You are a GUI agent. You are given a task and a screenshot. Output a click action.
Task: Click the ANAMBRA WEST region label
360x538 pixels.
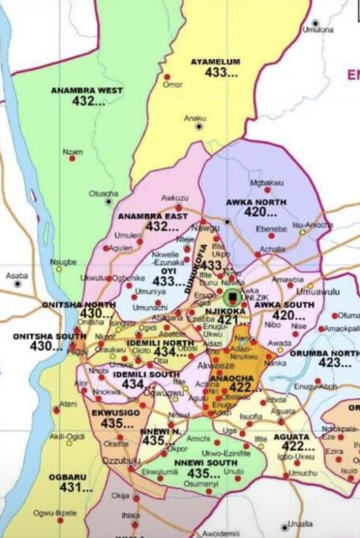coord(87,90)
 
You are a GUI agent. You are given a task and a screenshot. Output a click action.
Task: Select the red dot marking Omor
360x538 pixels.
coord(167,77)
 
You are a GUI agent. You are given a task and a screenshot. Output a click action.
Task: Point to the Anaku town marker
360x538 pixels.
coord(199,127)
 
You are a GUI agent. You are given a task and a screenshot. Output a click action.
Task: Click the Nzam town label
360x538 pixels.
coord(73,152)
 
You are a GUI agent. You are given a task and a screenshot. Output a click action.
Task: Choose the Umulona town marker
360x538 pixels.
coord(315,23)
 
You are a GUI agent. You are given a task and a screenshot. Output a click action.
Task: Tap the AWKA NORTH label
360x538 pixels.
coord(256,202)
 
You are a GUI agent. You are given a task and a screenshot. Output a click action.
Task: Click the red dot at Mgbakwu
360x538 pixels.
coord(267,190)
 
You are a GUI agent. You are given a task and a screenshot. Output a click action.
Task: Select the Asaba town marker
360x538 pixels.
coord(17,284)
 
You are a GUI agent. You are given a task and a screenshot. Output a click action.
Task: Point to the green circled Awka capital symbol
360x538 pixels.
coord(233,297)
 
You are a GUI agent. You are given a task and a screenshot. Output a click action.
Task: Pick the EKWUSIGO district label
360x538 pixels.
coord(116,413)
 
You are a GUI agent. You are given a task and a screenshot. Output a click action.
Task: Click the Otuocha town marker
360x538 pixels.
coord(109,201)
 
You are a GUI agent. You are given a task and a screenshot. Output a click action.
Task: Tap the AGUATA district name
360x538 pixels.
coord(291,437)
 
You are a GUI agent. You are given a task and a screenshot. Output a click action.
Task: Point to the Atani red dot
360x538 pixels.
coord(57,410)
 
